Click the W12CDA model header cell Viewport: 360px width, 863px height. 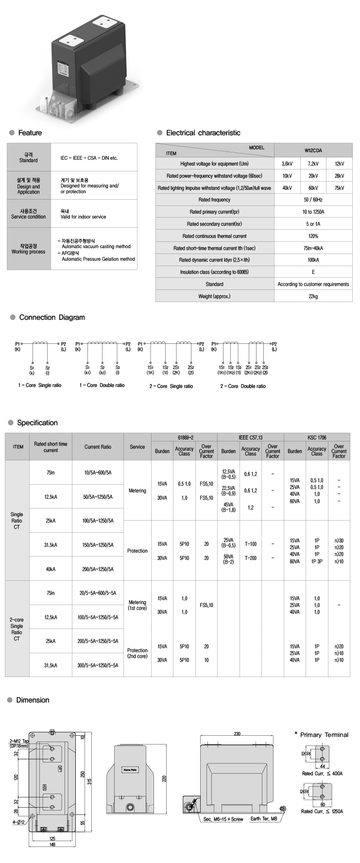point(313,150)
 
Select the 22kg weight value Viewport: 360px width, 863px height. point(313,296)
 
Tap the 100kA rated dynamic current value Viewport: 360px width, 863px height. point(313,260)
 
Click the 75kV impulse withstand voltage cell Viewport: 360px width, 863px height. point(339,188)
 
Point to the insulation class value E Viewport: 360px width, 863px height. point(313,272)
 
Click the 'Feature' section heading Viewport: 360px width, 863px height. point(30,133)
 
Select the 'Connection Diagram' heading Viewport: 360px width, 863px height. point(51,317)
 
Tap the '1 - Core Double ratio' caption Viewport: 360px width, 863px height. point(102,385)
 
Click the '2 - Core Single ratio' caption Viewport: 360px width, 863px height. point(171,386)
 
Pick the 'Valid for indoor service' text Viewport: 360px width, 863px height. point(83,217)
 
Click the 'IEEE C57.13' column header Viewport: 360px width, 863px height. point(250,437)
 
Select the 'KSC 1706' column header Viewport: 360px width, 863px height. point(317,437)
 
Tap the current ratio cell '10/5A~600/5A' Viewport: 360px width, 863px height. point(99,472)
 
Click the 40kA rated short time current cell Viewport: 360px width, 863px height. point(51,569)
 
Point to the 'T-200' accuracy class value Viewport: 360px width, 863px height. point(250,558)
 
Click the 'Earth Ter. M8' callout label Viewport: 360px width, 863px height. point(264,819)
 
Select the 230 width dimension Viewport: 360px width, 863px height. point(237,733)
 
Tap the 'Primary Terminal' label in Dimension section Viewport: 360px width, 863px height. point(324,734)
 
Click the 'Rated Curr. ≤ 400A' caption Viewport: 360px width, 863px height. point(322,773)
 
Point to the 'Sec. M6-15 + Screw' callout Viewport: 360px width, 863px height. point(224,819)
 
